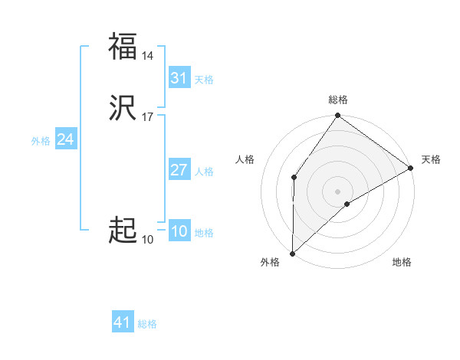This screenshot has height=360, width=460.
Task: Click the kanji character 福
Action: [123, 46]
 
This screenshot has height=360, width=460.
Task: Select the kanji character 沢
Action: [123, 108]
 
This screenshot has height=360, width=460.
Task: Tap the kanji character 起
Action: [123, 230]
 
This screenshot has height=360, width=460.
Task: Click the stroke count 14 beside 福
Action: [147, 56]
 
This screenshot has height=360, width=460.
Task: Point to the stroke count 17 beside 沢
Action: [147, 117]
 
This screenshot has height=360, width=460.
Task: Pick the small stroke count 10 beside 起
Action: [147, 240]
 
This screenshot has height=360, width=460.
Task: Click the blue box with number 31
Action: [179, 78]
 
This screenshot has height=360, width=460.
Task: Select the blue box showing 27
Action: [179, 170]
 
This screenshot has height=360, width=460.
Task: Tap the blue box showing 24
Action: [66, 139]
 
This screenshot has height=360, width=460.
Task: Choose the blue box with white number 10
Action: [179, 231]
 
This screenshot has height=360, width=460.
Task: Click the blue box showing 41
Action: [123, 322]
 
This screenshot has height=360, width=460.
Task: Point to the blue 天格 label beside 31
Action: [204, 79]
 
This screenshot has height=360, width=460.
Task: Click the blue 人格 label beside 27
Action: [204, 171]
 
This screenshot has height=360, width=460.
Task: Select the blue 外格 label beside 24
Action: [41, 140]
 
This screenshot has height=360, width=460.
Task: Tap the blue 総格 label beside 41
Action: [147, 324]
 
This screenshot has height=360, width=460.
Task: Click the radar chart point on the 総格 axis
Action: [337, 116]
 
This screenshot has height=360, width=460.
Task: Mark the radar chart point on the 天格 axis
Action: [411, 169]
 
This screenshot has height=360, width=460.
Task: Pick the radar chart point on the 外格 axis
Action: [292, 253]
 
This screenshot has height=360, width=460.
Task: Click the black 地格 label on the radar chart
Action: [402, 262]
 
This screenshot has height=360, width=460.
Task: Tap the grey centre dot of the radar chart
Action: [337, 191]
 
